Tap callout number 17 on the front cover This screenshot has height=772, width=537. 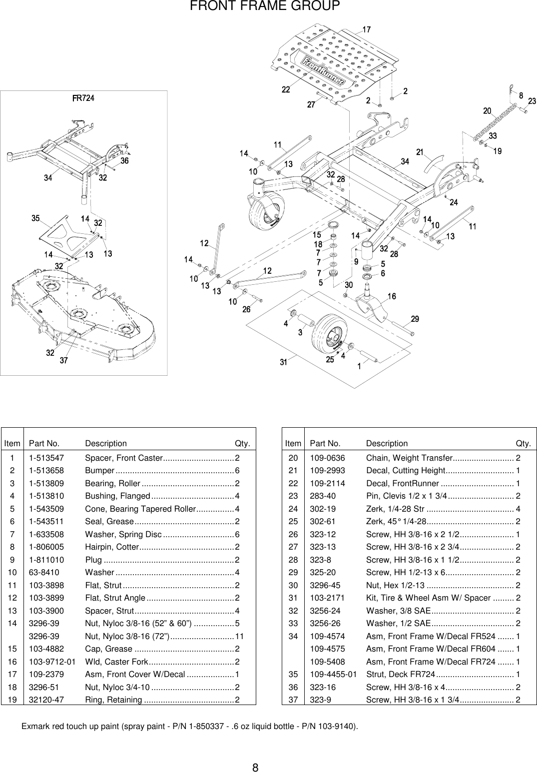click(366, 30)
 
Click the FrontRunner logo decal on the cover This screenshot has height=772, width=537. click(325, 71)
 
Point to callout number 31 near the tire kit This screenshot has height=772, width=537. click(283, 363)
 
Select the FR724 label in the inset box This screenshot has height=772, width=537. click(83, 98)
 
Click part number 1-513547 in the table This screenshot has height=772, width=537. click(46, 458)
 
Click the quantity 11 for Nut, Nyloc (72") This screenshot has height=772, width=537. click(239, 636)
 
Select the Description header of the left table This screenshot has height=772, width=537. click(106, 443)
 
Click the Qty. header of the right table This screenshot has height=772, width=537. click(523, 443)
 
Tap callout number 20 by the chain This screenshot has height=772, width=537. click(487, 111)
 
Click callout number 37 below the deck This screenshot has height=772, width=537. click(64, 360)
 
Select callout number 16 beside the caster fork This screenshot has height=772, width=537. click(392, 297)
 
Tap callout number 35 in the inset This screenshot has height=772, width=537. click(36, 218)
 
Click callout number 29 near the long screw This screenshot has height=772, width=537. click(415, 319)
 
